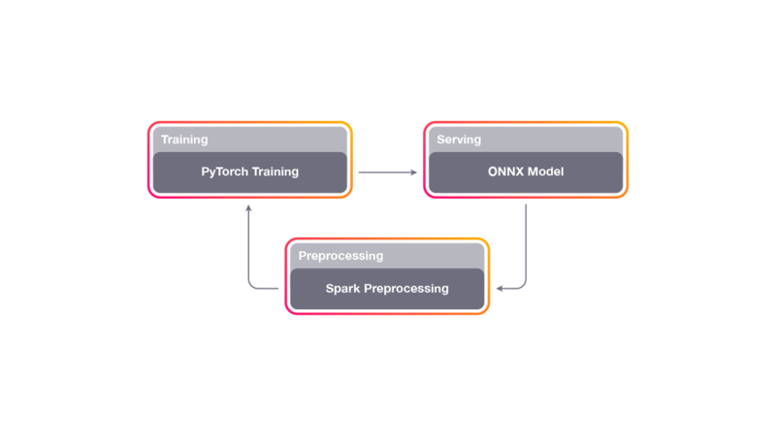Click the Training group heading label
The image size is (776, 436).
184,140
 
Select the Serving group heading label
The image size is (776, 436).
459,140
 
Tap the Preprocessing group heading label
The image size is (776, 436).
340,256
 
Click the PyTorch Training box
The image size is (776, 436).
250,172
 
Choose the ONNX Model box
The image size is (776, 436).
525,172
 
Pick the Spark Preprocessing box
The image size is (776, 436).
387,289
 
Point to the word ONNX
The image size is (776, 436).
503,172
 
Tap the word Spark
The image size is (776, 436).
342,289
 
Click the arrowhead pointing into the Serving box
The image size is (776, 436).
414,172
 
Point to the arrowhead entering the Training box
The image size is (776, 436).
249,207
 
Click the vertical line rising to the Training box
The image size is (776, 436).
249,247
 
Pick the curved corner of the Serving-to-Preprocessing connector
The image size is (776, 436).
524,285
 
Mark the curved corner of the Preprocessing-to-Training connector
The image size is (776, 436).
252,285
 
